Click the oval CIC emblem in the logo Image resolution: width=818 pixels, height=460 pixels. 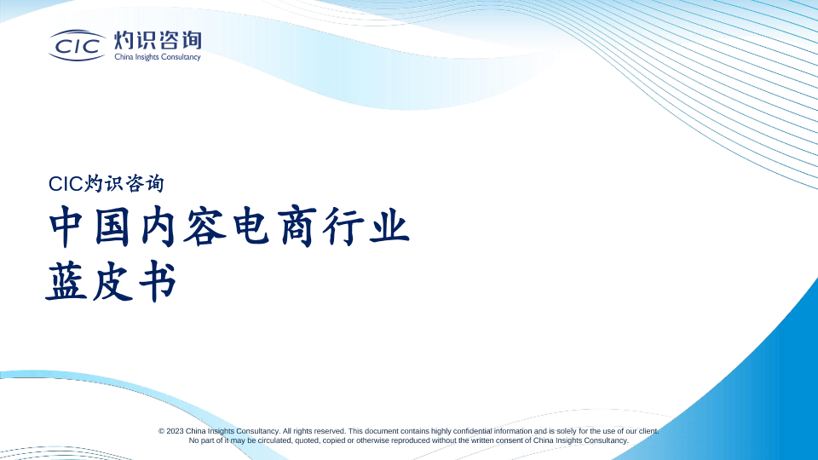click(x=78, y=45)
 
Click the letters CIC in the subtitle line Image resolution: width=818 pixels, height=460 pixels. click(x=66, y=184)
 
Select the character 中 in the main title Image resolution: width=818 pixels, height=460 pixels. click(x=67, y=227)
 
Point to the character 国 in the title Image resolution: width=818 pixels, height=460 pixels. click(x=112, y=227)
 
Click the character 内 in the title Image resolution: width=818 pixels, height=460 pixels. click(x=158, y=227)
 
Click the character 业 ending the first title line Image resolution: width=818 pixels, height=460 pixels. click(x=389, y=227)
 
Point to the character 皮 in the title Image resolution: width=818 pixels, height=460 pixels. click(x=112, y=281)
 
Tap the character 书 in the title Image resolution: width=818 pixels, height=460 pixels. click(x=158, y=281)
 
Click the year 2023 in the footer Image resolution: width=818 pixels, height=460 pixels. click(x=176, y=431)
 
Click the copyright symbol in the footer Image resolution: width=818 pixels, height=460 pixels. click(x=162, y=431)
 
